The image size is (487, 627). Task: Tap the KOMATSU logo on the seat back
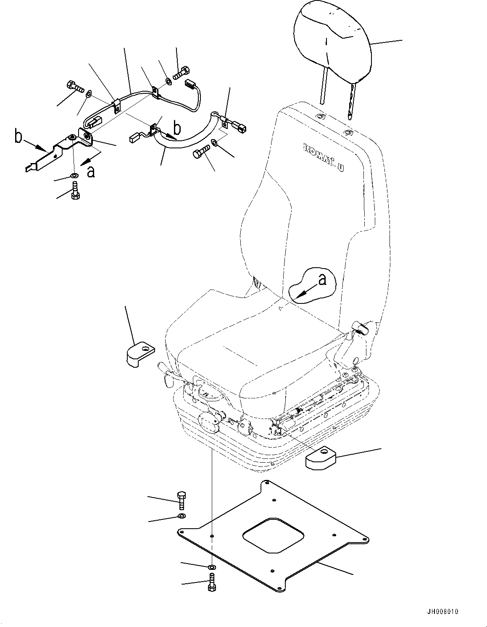323,157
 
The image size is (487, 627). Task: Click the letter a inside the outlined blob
322,279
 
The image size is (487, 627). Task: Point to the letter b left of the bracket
17,137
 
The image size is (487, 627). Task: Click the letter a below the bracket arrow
90,171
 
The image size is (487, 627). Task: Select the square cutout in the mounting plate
273,535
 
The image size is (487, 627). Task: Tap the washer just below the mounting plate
212,568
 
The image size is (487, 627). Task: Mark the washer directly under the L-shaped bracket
75,175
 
